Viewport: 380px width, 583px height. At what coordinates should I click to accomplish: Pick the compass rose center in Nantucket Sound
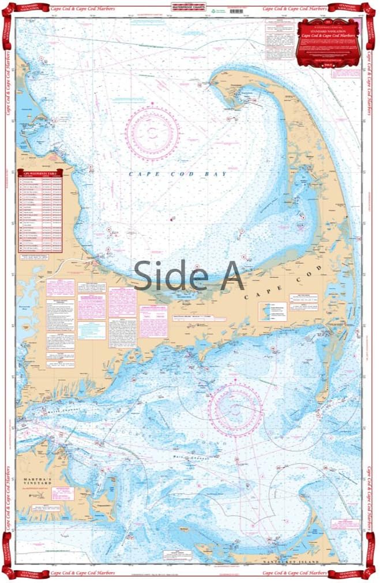pos(235,408)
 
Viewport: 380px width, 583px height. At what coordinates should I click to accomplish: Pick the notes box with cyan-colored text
pos(92,330)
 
